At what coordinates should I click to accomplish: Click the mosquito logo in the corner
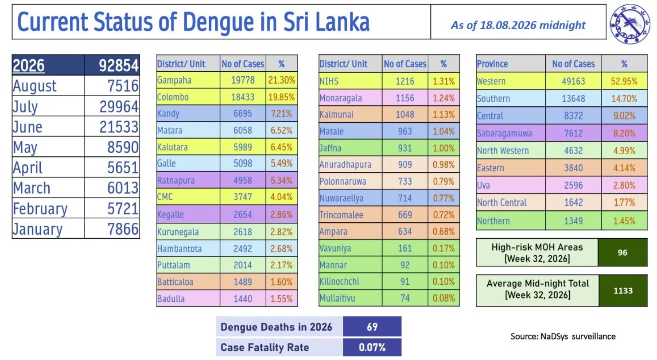coord(630,24)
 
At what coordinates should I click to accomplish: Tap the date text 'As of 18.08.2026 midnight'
coord(518,25)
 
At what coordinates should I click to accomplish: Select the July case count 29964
coord(119,106)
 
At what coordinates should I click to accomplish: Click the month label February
coord(40,209)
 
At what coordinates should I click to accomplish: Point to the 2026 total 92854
coord(118,66)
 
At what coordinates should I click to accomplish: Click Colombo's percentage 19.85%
coord(282,97)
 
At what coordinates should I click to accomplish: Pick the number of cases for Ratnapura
coord(243,180)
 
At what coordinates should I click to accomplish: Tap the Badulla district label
coord(171,299)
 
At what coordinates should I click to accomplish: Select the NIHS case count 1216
coord(405,81)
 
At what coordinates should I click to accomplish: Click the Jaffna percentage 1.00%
coord(444,148)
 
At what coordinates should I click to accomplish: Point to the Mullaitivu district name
coord(337,298)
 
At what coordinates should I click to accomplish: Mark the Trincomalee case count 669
coord(405,215)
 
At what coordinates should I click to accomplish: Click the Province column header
coord(493,64)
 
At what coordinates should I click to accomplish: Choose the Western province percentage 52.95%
coord(624,81)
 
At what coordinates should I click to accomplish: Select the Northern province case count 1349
coord(573,221)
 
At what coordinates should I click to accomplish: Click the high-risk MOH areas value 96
coord(622,252)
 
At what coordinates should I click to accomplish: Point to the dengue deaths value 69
coord(372,327)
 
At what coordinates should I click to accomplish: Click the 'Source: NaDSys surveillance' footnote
coord(563,336)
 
